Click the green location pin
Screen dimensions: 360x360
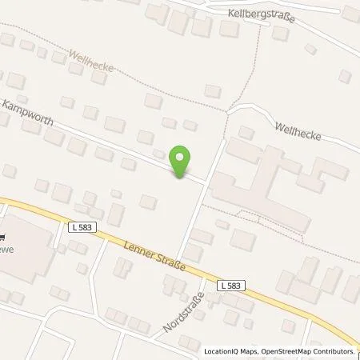click(182, 161)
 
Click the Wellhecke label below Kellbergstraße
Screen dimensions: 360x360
click(298, 132)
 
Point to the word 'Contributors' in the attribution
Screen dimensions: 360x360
click(334, 351)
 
